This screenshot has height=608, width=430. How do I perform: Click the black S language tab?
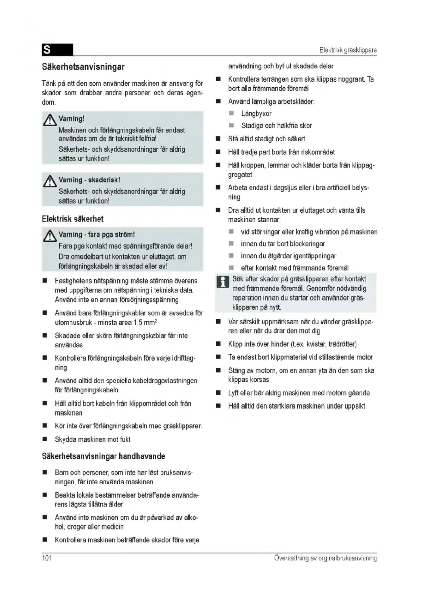57,50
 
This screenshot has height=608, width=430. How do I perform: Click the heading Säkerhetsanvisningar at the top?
83,67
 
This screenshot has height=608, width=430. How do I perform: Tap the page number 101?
47,558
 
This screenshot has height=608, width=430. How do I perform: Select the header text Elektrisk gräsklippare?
348,50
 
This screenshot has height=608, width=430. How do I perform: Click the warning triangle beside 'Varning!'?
49,121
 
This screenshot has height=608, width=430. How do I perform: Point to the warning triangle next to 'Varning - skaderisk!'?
49,182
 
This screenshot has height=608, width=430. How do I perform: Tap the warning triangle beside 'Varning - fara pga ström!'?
49,236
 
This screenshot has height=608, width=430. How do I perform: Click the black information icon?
223,282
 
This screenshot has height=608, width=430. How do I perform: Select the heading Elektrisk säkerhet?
73,219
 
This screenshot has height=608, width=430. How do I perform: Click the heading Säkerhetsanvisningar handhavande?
103,456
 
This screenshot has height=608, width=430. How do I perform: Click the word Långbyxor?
256,114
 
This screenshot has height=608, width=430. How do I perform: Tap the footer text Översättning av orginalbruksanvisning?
325,558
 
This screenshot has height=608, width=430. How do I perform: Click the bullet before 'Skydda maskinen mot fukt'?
45,439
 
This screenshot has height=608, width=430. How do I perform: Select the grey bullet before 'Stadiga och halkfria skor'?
231,125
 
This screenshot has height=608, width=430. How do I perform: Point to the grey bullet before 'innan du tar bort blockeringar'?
231,243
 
